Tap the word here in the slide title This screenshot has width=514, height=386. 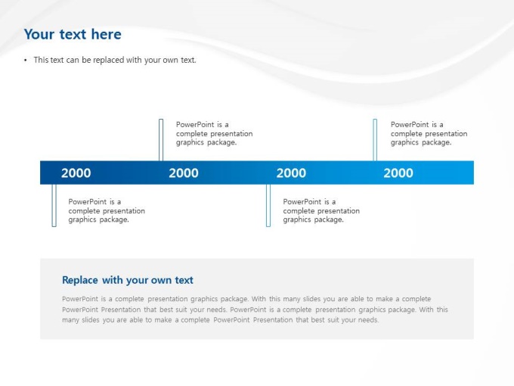(x=107, y=35)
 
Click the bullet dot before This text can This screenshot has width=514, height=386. (x=26, y=61)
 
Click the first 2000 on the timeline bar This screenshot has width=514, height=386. (x=76, y=173)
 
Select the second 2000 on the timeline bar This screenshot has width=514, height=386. (x=184, y=173)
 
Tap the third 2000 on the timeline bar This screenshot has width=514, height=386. (x=291, y=173)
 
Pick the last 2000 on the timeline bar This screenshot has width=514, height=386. (x=398, y=173)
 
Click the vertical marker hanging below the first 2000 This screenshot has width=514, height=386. (x=54, y=205)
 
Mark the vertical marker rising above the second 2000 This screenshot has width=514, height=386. (x=161, y=140)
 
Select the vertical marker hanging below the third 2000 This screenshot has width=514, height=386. (x=268, y=205)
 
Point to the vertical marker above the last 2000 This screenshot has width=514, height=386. (x=375, y=140)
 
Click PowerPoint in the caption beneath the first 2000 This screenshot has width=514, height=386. (x=87, y=202)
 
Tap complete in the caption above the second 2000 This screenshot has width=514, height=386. (x=190, y=134)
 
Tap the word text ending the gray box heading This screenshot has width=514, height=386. (x=184, y=280)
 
